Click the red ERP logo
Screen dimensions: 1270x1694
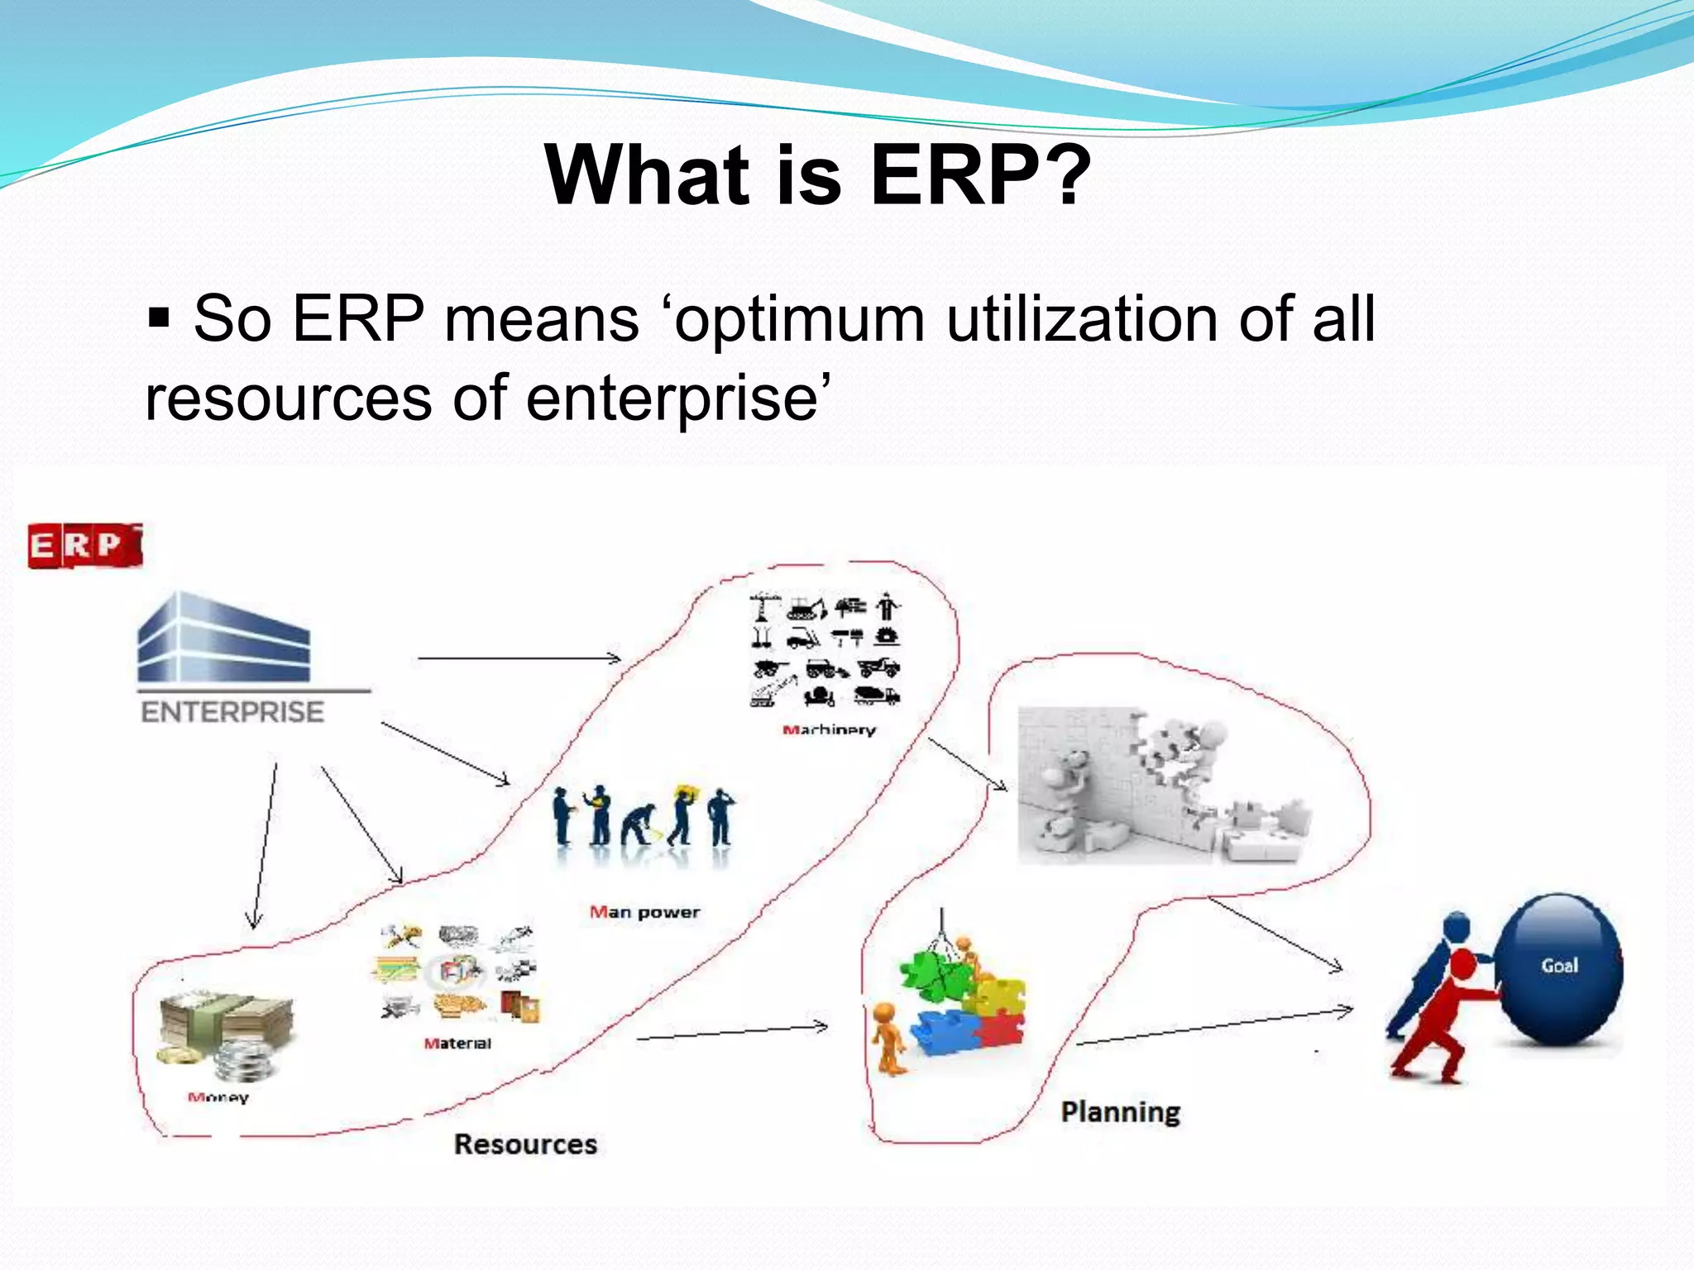pyautogui.click(x=84, y=546)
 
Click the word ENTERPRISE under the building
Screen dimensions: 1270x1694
pyautogui.click(x=232, y=712)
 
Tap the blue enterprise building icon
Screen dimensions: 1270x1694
pyautogui.click(x=223, y=637)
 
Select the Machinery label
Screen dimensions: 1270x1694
pyautogui.click(x=829, y=730)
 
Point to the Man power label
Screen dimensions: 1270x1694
pyautogui.click(x=644, y=913)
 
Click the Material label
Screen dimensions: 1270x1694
pyautogui.click(x=457, y=1043)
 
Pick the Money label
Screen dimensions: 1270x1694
pyautogui.click(x=218, y=1098)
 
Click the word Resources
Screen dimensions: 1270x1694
pyautogui.click(x=525, y=1144)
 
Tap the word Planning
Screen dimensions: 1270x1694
pyautogui.click(x=1120, y=1112)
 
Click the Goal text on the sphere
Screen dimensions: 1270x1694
pyautogui.click(x=1559, y=966)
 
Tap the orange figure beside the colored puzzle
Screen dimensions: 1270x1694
pyautogui.click(x=888, y=1038)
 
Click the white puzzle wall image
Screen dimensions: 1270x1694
pyautogui.click(x=1162, y=785)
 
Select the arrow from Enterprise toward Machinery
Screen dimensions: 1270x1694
pyautogui.click(x=519, y=658)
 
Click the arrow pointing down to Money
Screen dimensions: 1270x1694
pyautogui.click(x=264, y=847)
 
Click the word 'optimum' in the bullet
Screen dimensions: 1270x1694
pyautogui.click(x=800, y=319)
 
